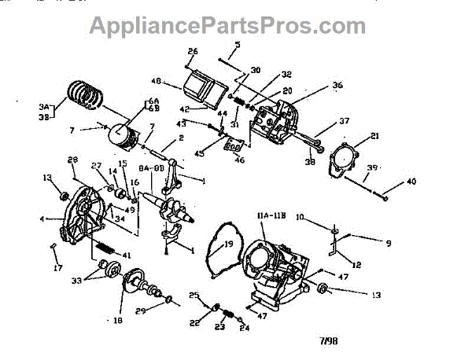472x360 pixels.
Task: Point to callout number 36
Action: coord(337,85)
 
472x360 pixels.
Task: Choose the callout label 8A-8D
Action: coord(150,167)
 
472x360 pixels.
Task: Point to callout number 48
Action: coord(155,81)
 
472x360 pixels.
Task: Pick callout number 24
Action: coord(245,329)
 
